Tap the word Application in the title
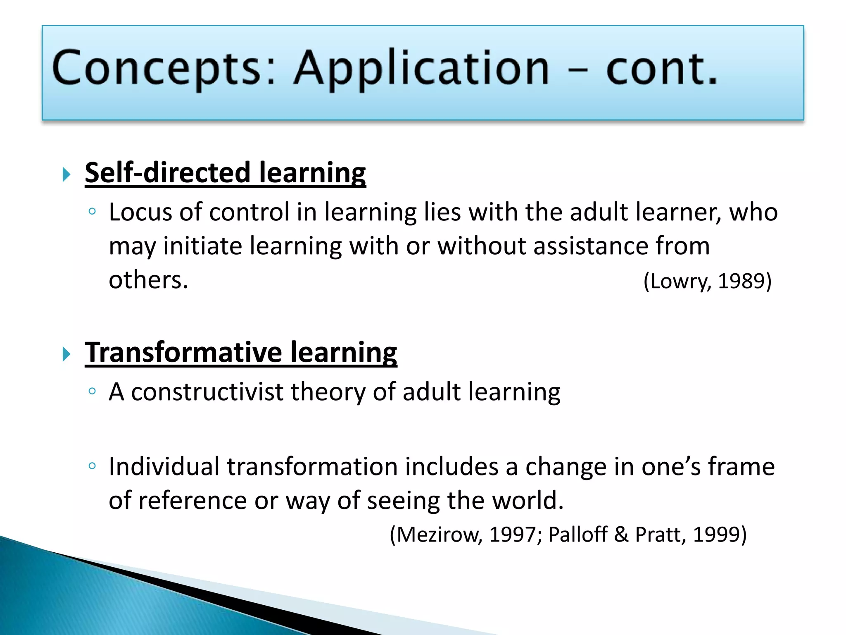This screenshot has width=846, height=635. coord(421,69)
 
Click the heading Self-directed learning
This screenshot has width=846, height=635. coord(225,173)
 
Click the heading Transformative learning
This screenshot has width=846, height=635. coord(241,353)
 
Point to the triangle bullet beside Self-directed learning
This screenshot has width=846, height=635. coord(67,174)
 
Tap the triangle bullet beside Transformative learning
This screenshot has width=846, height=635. coord(67,354)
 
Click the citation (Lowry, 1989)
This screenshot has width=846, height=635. coord(707,281)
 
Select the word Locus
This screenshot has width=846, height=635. coord(140,212)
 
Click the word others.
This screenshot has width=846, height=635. coord(148,280)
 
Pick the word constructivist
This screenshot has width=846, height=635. coord(207,392)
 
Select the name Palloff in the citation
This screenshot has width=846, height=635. coord(577,534)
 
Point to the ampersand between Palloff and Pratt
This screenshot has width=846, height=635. coord(621,534)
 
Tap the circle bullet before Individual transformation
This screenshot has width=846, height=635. coord(92,466)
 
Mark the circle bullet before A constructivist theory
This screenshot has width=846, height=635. coord(92,391)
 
